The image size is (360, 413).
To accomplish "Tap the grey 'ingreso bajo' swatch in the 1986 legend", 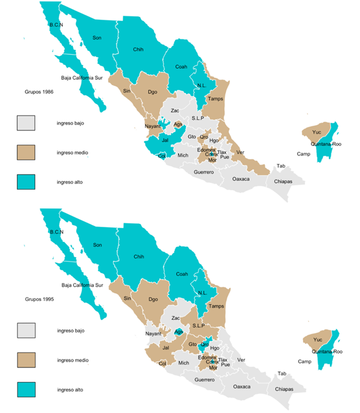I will point(26,123).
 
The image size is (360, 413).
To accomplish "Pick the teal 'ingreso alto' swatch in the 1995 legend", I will point(26,389).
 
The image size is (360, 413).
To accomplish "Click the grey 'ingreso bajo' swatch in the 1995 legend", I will point(26,331).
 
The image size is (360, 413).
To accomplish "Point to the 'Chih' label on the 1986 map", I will point(138,48).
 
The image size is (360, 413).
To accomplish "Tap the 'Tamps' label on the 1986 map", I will point(216,99).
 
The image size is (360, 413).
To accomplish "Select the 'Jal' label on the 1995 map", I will point(166,348).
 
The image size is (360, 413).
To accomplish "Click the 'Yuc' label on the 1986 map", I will point(316,132).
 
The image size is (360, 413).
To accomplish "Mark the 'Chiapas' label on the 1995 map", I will point(284,389).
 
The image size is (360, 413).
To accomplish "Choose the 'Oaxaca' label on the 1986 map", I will point(241,179).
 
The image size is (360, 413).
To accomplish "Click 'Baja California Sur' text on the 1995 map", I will point(82,285).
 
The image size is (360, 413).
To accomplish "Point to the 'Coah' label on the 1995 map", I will point(182,274).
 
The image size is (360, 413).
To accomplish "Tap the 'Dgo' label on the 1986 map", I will point(152,92).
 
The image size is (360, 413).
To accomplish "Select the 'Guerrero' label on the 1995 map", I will point(204,380).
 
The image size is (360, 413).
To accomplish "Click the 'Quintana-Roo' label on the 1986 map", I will point(327,144).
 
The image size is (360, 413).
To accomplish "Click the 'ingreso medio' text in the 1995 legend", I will point(72,360).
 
